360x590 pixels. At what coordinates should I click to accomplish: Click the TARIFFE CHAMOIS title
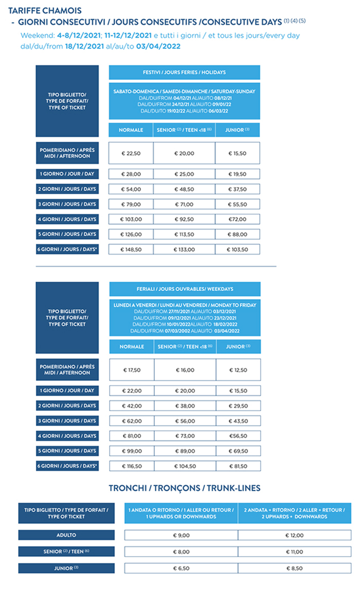tap(45, 10)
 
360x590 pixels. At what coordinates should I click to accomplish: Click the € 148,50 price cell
tap(131, 249)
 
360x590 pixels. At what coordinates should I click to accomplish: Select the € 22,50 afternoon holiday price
tap(131, 153)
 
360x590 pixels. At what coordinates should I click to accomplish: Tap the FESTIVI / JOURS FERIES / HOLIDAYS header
tap(184, 72)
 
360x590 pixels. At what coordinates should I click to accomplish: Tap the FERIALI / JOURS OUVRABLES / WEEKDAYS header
tap(184, 289)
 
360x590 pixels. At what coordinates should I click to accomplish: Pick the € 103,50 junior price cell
tap(237, 249)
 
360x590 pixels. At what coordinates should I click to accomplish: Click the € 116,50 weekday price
tap(131, 466)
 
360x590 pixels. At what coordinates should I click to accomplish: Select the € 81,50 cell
tap(238, 466)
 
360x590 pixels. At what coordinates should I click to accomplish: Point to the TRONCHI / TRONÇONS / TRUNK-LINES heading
tap(184, 488)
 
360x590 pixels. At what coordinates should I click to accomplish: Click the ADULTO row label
tap(66, 535)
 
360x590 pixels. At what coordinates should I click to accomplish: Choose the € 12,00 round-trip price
tap(294, 535)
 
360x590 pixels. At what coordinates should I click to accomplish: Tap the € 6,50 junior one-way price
tap(181, 568)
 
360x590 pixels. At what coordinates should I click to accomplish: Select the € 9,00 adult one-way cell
tap(181, 535)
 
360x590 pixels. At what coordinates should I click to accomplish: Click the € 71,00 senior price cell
tap(184, 204)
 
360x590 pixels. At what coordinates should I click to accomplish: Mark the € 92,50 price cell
tap(184, 219)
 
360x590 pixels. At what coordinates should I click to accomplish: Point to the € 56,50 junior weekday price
tap(238, 436)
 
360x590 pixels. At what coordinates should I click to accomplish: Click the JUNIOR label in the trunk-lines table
tap(66, 568)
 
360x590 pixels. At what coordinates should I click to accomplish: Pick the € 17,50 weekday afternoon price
tap(131, 370)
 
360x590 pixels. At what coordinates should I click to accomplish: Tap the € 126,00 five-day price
tap(131, 234)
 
